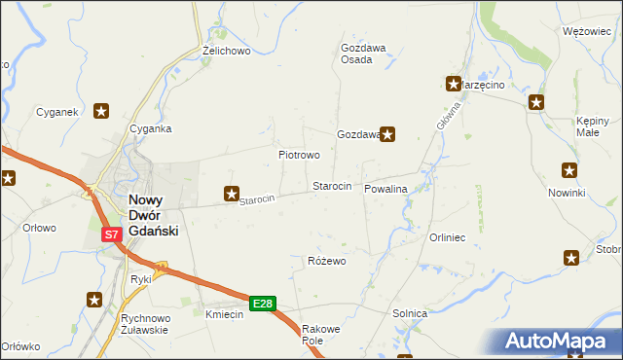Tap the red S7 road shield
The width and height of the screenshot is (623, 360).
(x=112, y=234)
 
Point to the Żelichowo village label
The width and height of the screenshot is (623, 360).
(x=227, y=50)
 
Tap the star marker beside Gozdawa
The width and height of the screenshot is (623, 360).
(x=387, y=134)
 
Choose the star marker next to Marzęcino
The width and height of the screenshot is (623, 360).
(x=454, y=85)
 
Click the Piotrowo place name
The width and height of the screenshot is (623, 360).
(x=299, y=155)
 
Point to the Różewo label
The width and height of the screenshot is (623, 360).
(x=327, y=261)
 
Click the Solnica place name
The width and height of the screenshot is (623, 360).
(x=410, y=313)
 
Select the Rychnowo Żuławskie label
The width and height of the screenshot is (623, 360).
(x=145, y=324)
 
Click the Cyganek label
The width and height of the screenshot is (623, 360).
(x=56, y=112)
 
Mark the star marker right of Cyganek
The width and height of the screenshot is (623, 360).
(x=101, y=111)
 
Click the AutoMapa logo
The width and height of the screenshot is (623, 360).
(x=563, y=342)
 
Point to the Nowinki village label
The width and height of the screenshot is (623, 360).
(x=566, y=193)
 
